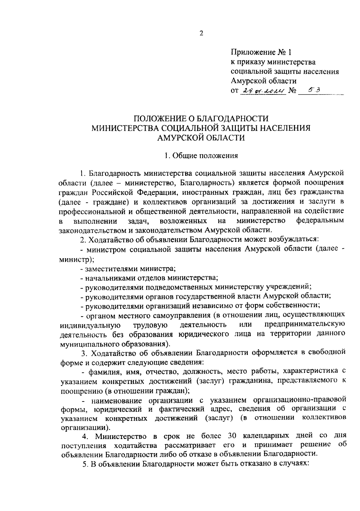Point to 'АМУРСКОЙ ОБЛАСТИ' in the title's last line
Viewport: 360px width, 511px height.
click(x=201, y=138)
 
